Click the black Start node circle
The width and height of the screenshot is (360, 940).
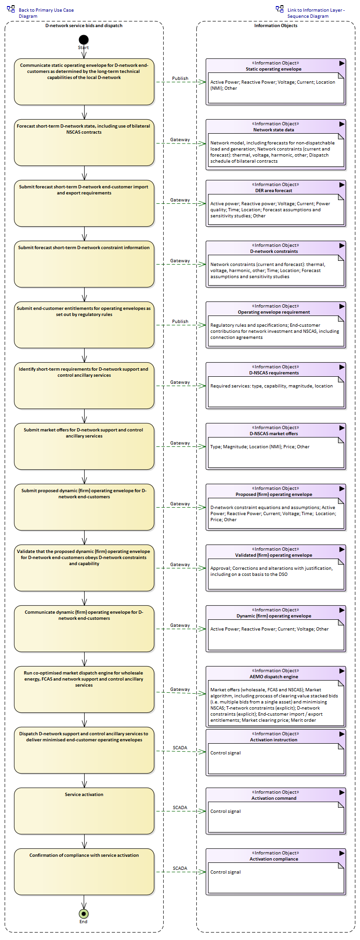point(84,40)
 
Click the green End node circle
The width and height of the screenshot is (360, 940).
point(84,913)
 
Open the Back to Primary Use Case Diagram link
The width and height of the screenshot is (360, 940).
point(46,13)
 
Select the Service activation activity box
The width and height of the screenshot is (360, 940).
point(84,811)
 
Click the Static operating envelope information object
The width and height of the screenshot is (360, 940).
point(276,82)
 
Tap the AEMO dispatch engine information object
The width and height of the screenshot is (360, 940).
point(276,696)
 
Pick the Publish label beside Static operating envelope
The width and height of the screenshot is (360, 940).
point(180,79)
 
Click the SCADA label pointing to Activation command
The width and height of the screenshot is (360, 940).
point(180,808)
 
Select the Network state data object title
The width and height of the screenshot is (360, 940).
point(274,130)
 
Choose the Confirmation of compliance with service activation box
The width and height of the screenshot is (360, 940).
point(84,872)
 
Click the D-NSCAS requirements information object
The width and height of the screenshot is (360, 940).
point(276,386)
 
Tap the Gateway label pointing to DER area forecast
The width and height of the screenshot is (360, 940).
point(180,200)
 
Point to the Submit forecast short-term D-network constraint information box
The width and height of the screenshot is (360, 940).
point(84,264)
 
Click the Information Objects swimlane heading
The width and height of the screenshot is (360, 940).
point(276,26)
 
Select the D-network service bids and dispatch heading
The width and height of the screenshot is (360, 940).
point(84,26)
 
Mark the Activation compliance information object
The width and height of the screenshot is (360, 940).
point(276,872)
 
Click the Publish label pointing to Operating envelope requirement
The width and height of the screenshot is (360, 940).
point(180,322)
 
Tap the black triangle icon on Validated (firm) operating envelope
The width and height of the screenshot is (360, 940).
point(342,549)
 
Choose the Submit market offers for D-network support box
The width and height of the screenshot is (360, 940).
point(84,446)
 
